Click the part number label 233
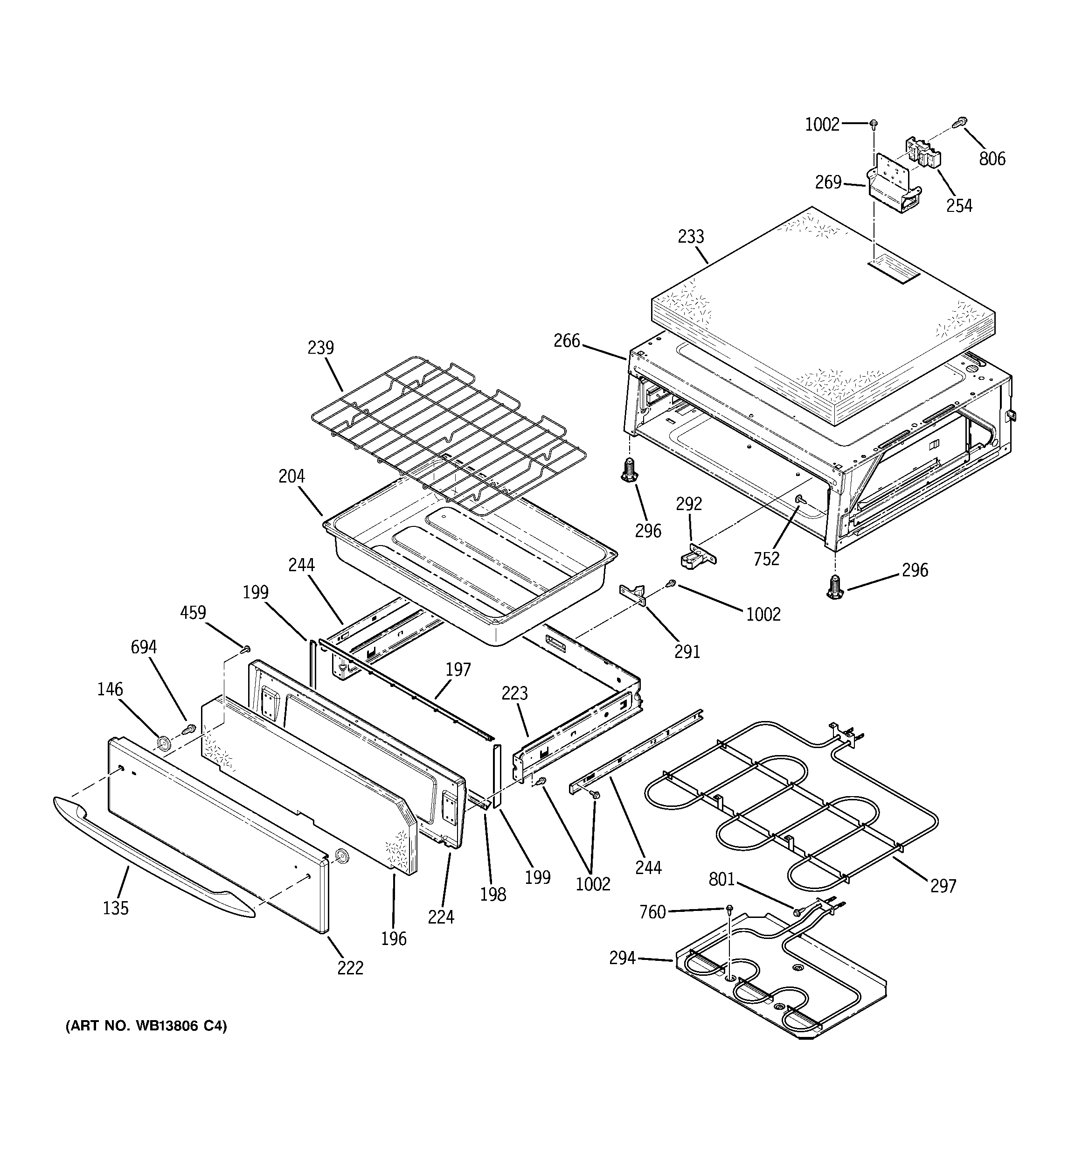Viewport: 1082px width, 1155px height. (691, 237)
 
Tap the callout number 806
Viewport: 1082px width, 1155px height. (992, 159)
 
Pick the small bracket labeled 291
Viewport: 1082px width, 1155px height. (635, 594)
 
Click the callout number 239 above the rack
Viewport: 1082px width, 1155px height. (320, 347)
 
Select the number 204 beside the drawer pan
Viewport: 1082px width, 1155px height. (291, 476)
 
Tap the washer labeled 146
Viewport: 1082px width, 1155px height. (163, 742)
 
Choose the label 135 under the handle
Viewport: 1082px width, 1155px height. (116, 908)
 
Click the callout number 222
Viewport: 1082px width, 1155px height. (350, 968)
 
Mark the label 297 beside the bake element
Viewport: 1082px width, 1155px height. (943, 886)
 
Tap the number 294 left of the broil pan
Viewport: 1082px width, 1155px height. (622, 958)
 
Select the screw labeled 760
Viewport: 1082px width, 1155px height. (729, 908)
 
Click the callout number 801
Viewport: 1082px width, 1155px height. (722, 880)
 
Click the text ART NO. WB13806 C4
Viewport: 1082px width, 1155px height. (146, 1026)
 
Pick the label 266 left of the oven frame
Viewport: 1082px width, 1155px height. (566, 341)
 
